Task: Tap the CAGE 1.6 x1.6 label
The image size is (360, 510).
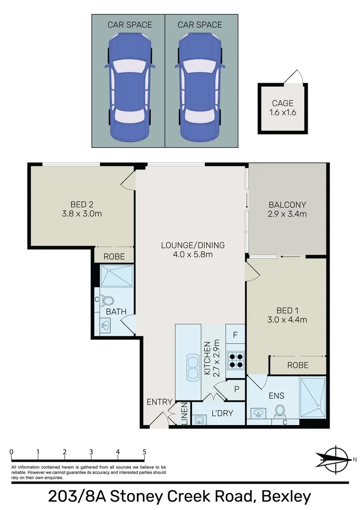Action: pos(283,108)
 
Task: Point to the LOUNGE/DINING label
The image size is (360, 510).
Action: pos(193,250)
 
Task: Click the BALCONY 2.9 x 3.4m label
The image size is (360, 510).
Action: pos(287,209)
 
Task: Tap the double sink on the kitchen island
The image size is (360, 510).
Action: pos(193,366)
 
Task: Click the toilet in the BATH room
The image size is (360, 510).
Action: pos(109,300)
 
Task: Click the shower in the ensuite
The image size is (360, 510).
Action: pos(312,398)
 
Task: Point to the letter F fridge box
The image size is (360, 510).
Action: pos(235,335)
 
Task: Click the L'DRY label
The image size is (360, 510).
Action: pos(221,413)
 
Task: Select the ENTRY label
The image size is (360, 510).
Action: pos(159,402)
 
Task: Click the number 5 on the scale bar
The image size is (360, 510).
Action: pos(144,451)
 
